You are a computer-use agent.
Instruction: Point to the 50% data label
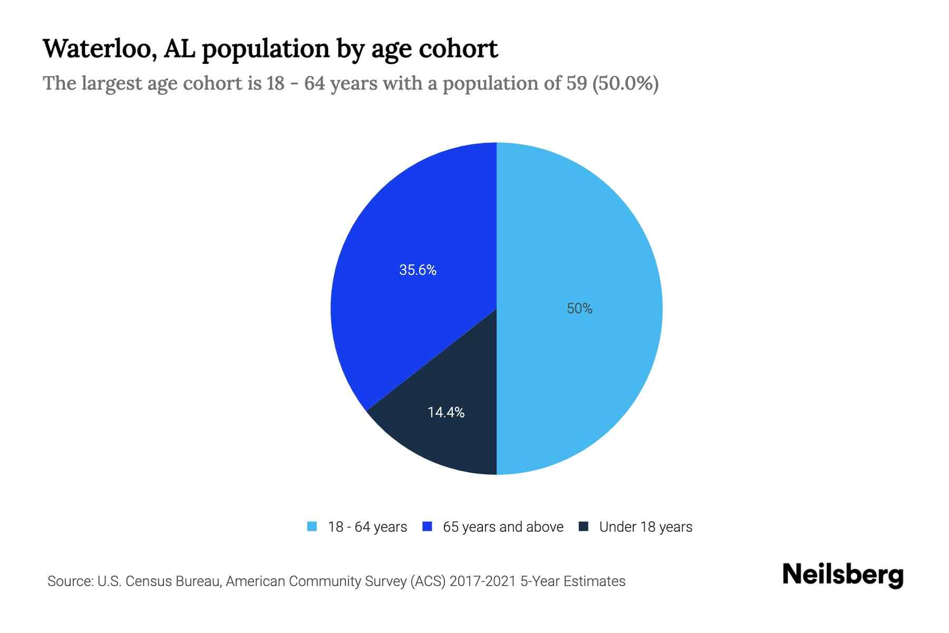point(579,309)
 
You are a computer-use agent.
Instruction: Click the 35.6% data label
point(418,270)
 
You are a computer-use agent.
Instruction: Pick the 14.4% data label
point(446,413)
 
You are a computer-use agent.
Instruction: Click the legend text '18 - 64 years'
point(367,527)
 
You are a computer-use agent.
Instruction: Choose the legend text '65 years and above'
point(503,527)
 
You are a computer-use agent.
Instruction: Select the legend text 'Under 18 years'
point(646,527)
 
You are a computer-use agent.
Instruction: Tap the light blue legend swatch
point(312,526)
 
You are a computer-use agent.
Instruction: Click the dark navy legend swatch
point(584,526)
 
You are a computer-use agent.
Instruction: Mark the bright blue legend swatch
point(428,526)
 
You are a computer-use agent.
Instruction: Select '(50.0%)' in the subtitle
point(625,83)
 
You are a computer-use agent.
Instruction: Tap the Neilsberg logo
point(843,575)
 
